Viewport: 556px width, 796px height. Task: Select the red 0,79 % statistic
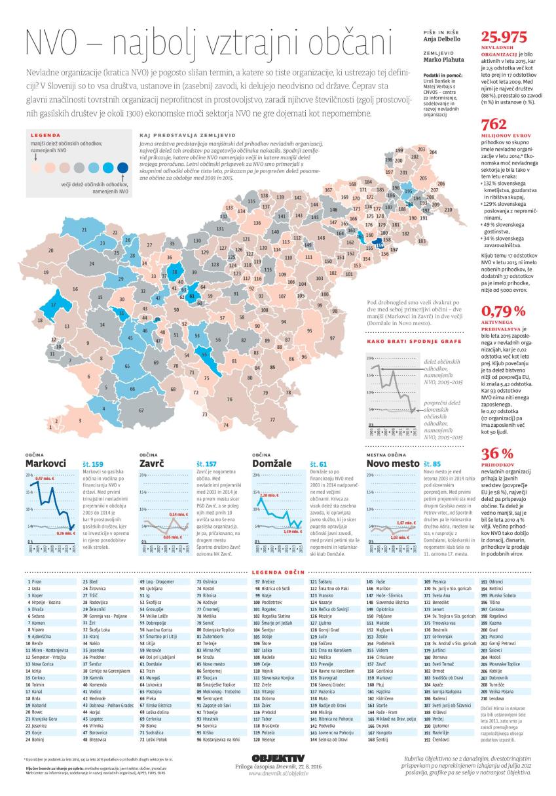pos(504,311)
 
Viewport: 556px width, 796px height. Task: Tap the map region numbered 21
pos(84,231)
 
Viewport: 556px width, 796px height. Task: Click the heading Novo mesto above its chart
pos(392,464)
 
